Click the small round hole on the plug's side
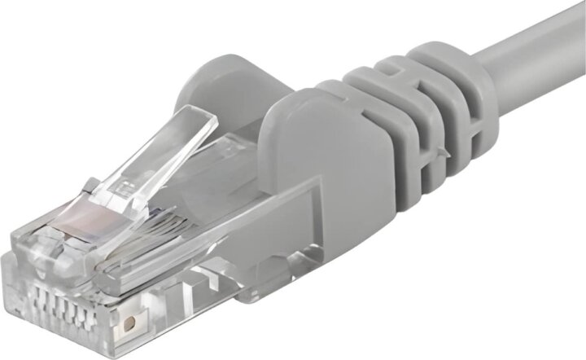tap(129, 323)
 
